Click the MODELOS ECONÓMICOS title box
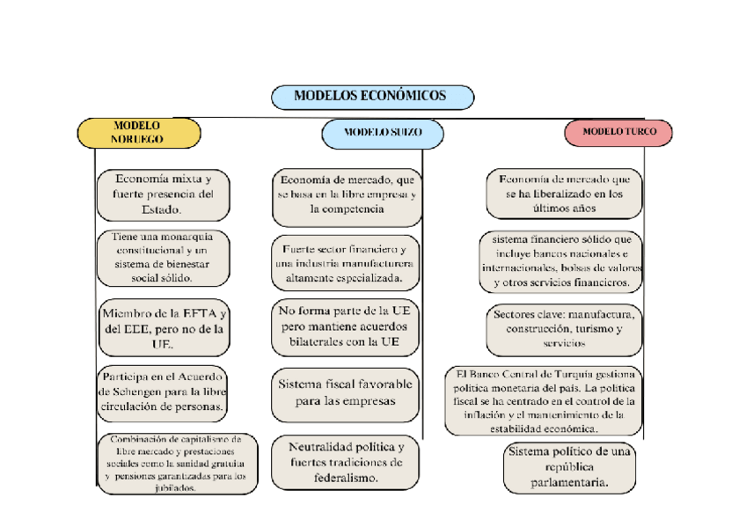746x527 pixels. coord(371,96)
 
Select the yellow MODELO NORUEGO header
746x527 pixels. coord(138,133)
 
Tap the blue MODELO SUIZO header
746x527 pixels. coord(382,133)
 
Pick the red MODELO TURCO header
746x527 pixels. coord(618,132)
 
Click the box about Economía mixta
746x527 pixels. coord(164,194)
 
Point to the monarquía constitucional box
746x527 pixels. coord(164,257)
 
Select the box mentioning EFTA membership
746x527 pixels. coord(164,327)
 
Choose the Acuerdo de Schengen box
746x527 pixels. coord(164,391)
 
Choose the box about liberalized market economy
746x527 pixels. coord(564,194)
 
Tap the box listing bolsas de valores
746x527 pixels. coord(561,261)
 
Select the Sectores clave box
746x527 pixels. coord(564,328)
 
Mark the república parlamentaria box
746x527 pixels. coord(569,467)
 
